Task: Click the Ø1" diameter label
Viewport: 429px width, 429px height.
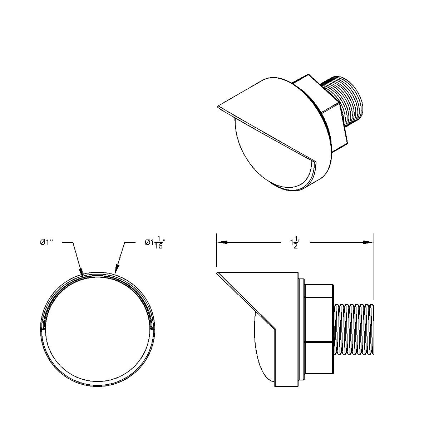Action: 46,242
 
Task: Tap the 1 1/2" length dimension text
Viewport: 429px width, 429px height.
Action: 295,243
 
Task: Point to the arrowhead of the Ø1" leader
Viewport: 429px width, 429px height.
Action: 82,274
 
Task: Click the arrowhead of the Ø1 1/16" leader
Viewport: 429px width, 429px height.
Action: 116,272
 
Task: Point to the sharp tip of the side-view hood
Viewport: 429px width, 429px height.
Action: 218,273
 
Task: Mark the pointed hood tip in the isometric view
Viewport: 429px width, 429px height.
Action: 218,106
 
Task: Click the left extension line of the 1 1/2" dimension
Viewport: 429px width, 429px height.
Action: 217,250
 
